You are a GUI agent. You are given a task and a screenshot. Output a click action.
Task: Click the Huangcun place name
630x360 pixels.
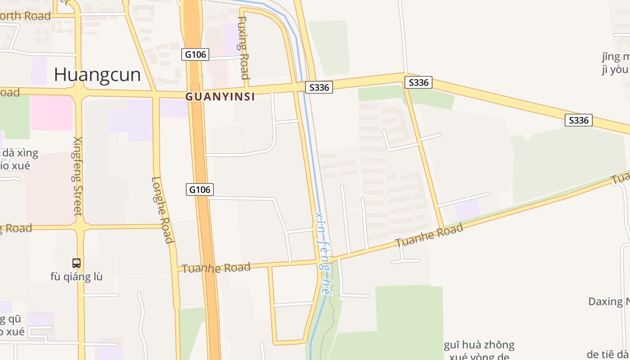[97, 75]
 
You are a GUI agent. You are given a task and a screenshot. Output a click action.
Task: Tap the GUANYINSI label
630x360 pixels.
[220, 96]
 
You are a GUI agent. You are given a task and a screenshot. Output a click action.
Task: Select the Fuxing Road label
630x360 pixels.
[243, 48]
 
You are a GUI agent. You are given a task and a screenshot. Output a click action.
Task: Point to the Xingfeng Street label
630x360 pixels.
[77, 176]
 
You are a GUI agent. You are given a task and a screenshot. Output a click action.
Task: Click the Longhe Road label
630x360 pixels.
[162, 210]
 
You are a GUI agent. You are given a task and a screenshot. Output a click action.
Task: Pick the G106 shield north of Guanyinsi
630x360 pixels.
[196, 54]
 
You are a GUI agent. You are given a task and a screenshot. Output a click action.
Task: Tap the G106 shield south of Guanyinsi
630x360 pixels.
[199, 189]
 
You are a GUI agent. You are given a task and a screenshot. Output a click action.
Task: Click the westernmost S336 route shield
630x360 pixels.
[319, 87]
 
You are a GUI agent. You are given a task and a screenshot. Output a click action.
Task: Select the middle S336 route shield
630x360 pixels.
[418, 82]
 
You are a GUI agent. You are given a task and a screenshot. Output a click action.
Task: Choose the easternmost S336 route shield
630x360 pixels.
[578, 120]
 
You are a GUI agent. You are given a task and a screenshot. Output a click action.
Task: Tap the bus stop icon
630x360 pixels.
[76, 263]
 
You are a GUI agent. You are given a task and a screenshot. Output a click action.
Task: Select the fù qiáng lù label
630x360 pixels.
[76, 276]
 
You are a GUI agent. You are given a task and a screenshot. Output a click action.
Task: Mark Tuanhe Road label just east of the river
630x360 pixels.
[429, 236]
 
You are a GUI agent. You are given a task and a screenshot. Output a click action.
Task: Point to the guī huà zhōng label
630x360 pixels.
[479, 346]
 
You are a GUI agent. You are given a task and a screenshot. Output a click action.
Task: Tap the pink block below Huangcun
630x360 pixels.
[52, 112]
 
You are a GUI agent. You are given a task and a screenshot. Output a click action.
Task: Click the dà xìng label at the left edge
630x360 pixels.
[20, 153]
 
